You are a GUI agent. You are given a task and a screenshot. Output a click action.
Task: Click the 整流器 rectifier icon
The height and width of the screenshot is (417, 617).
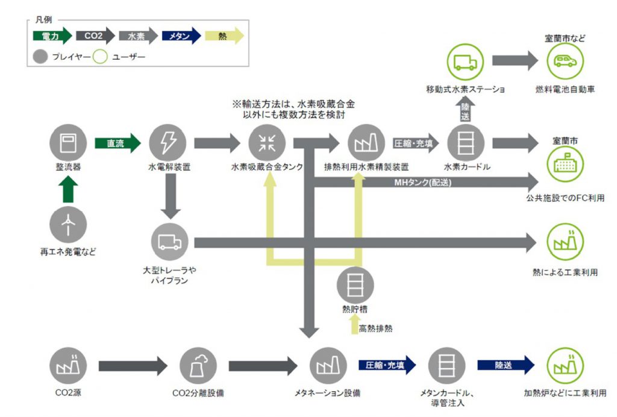click(68, 143)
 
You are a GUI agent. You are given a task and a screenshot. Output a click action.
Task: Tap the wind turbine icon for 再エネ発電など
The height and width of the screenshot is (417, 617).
click(68, 224)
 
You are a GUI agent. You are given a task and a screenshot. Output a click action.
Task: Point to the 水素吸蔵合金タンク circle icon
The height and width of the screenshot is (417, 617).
click(267, 143)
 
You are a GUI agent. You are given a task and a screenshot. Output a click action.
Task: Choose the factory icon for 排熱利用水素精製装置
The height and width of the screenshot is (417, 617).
click(366, 143)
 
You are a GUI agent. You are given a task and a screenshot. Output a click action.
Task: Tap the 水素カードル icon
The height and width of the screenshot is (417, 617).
click(466, 143)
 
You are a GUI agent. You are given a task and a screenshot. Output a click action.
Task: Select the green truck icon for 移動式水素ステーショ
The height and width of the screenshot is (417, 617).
click(466, 61)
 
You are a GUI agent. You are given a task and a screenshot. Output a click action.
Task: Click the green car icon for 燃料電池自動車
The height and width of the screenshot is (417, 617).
click(565, 61)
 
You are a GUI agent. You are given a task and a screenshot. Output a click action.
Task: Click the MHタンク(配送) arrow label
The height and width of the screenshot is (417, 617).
click(423, 181)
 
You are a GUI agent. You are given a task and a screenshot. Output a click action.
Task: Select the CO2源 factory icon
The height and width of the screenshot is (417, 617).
click(68, 365)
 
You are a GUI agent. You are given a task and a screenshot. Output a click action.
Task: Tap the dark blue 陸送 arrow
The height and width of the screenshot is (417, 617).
click(506, 365)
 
